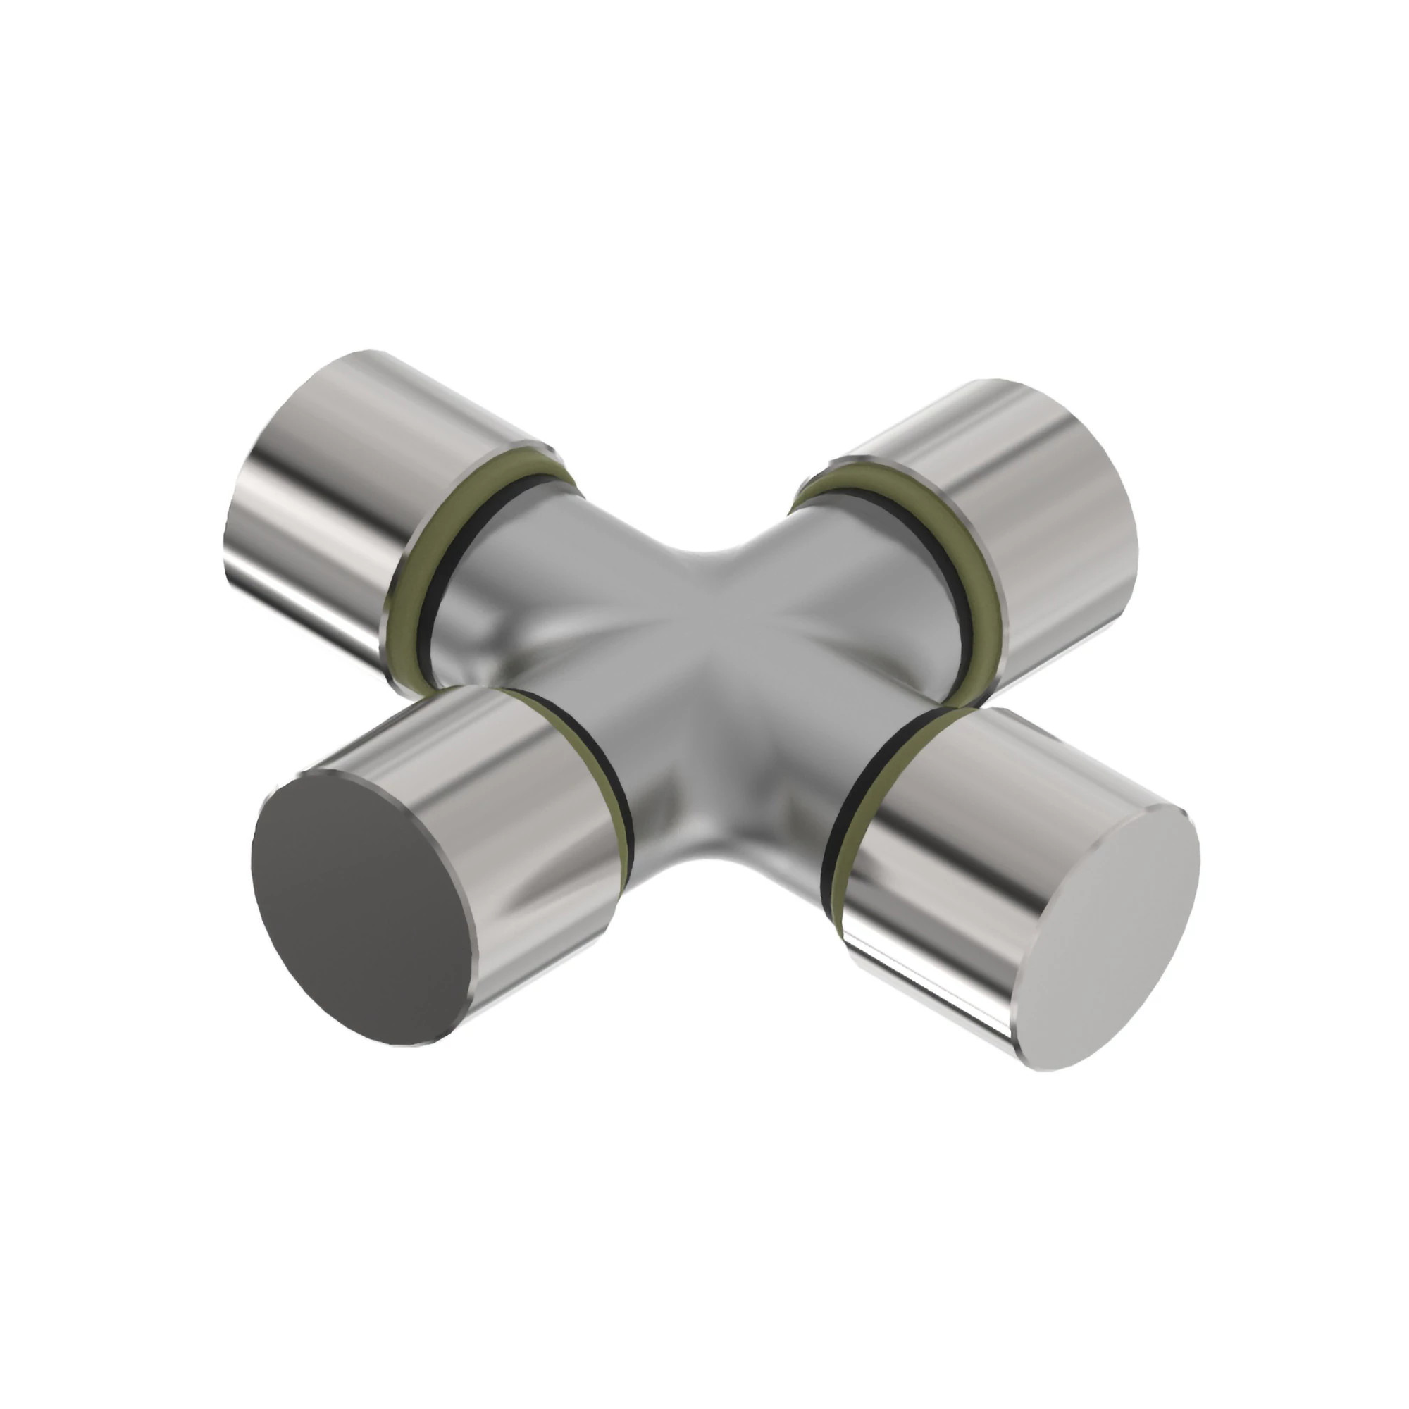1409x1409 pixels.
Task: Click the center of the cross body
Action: coord(700,678)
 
